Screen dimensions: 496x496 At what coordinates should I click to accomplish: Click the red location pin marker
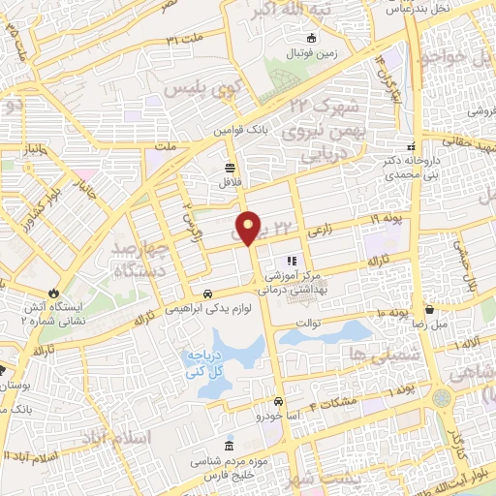pos(249,228)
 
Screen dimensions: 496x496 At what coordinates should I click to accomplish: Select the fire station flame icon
pos(54,292)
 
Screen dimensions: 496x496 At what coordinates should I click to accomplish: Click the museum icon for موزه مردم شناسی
pos(229,447)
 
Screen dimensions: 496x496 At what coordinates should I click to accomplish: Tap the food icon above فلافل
pos(230,165)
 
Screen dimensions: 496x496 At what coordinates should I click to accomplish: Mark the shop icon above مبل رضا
pos(430,310)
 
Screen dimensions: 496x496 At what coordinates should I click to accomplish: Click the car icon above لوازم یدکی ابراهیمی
pos(207,294)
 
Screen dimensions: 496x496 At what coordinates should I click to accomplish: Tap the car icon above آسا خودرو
pos(278,401)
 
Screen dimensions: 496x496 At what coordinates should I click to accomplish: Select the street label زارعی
pos(320,233)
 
